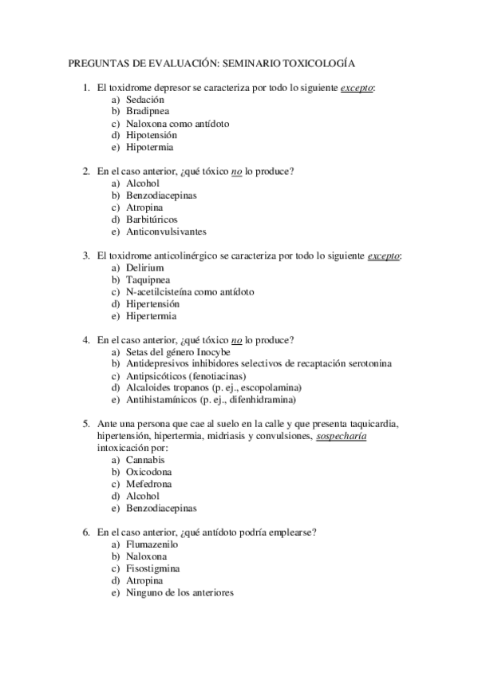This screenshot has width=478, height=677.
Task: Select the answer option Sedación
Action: (x=144, y=100)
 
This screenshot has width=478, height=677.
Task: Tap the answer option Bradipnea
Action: (x=147, y=112)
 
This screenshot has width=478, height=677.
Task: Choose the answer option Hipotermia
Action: (x=150, y=148)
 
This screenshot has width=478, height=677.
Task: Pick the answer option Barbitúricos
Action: (x=152, y=220)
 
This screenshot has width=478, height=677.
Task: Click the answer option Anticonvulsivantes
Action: (x=166, y=232)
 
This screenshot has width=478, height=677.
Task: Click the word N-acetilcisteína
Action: (x=159, y=292)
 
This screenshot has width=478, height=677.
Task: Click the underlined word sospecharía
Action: (x=342, y=436)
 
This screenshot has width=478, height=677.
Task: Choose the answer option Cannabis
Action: (x=145, y=461)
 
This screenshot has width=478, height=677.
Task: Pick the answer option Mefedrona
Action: (x=148, y=485)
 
